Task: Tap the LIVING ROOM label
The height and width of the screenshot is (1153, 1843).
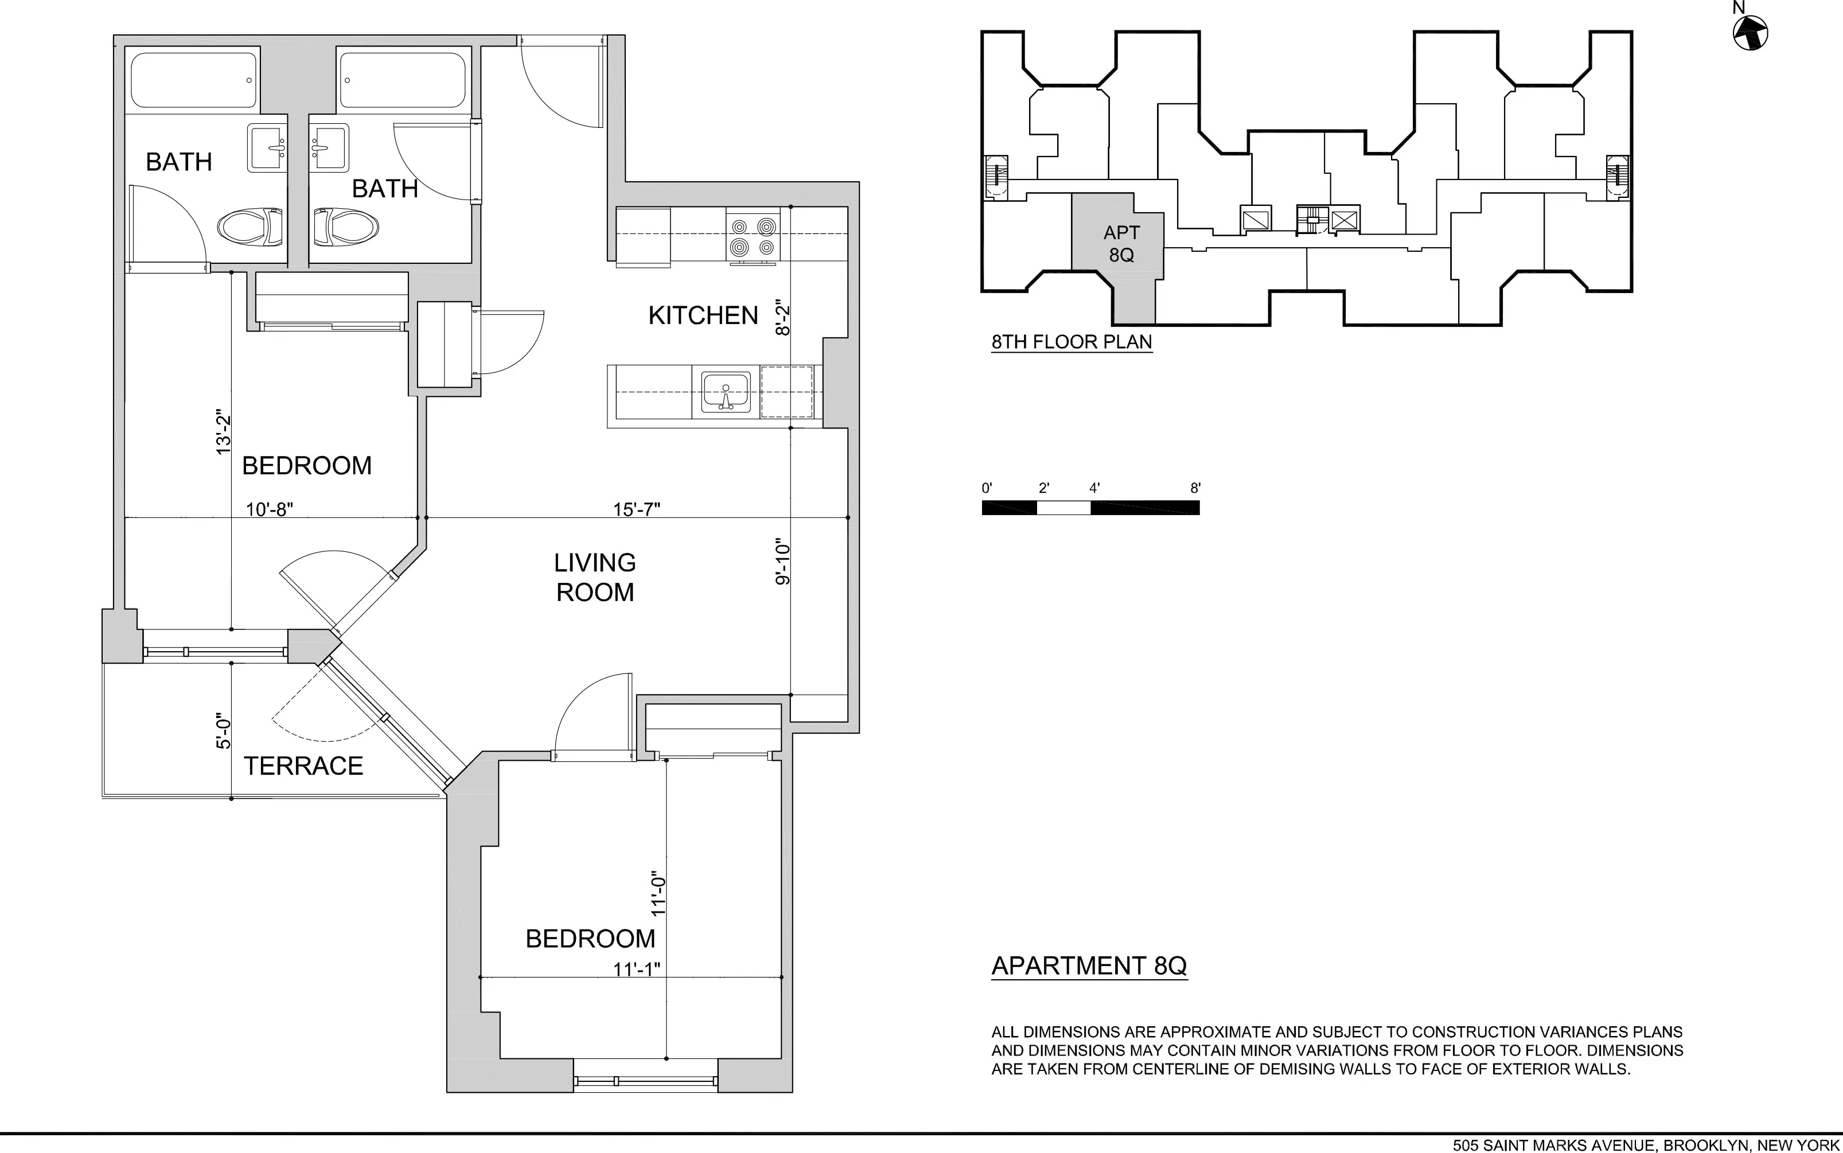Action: pyautogui.click(x=595, y=577)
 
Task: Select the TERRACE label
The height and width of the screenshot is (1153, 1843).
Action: pyautogui.click(x=303, y=766)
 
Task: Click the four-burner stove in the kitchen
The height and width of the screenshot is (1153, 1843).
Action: pyautogui.click(x=752, y=236)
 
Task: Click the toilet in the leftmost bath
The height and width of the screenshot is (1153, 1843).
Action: pyautogui.click(x=250, y=227)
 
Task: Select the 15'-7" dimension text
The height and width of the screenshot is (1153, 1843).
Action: pyautogui.click(x=637, y=509)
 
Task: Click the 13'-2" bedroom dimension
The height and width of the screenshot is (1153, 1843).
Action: pyautogui.click(x=223, y=433)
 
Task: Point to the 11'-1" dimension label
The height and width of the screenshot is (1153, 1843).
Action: pyautogui.click(x=637, y=968)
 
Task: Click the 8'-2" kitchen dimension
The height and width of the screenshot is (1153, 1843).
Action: pyautogui.click(x=783, y=320)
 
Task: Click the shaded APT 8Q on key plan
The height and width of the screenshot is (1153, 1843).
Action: pyautogui.click(x=1120, y=244)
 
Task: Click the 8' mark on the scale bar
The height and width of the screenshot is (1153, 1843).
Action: pyautogui.click(x=1195, y=488)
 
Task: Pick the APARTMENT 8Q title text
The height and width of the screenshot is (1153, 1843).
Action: pyautogui.click(x=1089, y=965)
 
